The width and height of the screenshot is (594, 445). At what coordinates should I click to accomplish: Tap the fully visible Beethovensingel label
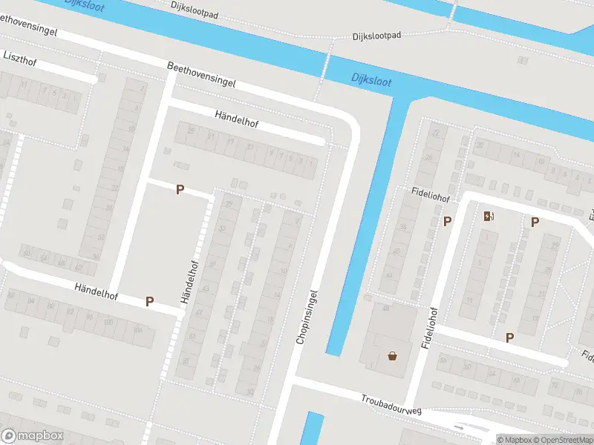click(201, 75)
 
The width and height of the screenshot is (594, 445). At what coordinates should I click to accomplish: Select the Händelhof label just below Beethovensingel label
click(236, 119)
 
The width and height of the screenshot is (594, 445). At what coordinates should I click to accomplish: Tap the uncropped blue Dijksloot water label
click(371, 79)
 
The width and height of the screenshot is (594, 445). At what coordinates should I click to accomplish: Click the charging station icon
click(488, 216)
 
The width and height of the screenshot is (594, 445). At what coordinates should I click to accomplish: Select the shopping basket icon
click(392, 356)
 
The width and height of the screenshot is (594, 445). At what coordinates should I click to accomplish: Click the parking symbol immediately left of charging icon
click(447, 221)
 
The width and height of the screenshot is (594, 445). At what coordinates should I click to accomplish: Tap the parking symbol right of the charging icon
click(534, 222)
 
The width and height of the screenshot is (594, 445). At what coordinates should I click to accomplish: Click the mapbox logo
click(32, 436)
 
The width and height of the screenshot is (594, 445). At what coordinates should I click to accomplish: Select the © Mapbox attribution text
click(515, 440)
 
